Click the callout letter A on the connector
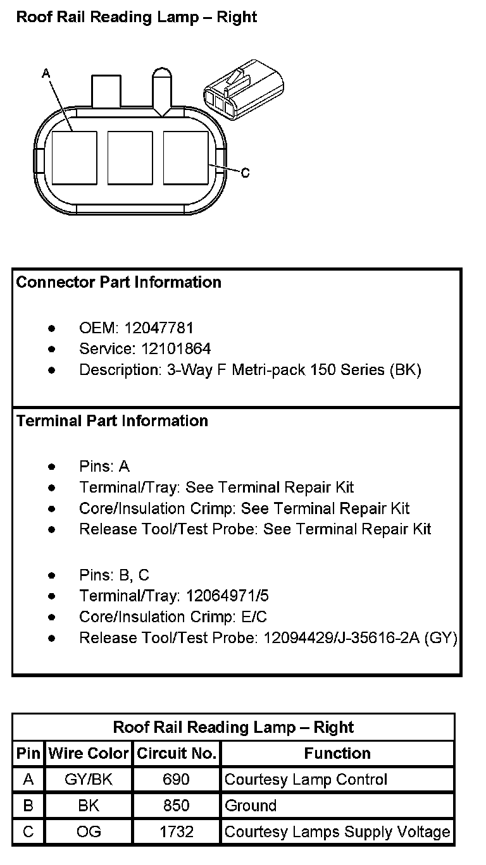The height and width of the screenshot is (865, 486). point(46,74)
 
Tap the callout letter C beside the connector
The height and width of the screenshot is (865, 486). point(246,172)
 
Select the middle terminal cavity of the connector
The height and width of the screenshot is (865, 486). point(130,157)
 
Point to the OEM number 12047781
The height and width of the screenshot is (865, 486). point(159,328)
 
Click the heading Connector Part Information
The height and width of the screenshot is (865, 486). point(119,283)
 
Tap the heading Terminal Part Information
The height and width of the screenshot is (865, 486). point(112,421)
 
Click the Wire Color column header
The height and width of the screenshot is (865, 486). point(89,754)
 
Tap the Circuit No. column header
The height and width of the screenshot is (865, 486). point(177,754)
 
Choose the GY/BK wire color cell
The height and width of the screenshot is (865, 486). point(89,780)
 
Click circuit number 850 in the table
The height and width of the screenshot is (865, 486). point(177,806)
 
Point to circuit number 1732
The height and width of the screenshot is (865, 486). point(177,831)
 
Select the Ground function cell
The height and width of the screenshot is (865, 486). point(251,806)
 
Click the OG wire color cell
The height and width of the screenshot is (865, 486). point(89,831)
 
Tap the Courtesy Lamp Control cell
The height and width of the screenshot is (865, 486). point(306,780)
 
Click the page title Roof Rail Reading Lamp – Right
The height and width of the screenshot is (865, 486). point(137,17)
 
